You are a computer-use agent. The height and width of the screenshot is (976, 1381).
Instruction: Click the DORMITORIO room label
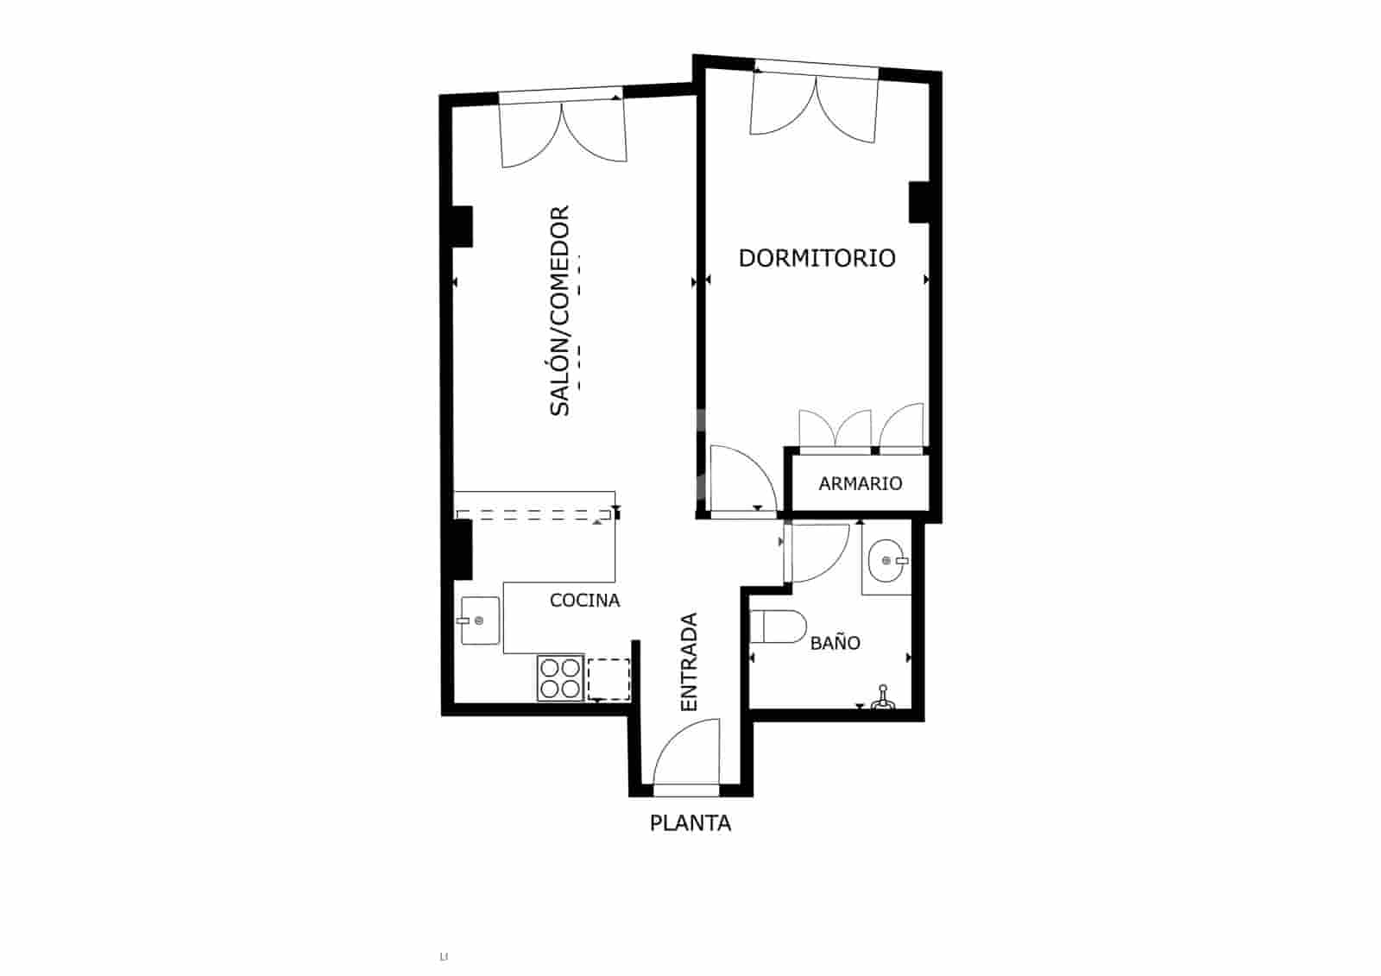point(817,258)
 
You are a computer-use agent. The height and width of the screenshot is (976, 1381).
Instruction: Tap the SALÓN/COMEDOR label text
point(560,311)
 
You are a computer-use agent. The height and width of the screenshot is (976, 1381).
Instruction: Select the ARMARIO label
point(860,484)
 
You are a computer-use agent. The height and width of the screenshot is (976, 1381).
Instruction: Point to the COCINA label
point(584,601)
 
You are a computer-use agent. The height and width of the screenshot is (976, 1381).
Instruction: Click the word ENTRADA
point(689,662)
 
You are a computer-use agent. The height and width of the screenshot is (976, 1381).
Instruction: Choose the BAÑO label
point(835,643)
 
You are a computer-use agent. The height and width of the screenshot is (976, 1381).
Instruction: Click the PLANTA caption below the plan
point(690,823)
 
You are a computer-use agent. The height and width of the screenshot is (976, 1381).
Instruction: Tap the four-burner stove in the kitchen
point(559,677)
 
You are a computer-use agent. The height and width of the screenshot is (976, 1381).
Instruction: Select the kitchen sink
point(480,620)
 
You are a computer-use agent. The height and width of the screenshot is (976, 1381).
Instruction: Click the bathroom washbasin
point(886,561)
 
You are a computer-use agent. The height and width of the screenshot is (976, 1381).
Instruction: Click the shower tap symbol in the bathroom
point(882,699)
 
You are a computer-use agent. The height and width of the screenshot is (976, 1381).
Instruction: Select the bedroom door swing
point(741,480)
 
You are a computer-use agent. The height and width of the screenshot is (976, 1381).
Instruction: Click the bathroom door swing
point(817,553)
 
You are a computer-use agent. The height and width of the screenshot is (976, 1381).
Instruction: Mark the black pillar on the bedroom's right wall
point(918,203)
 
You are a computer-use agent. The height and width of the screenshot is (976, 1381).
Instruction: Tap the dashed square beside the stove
point(609,679)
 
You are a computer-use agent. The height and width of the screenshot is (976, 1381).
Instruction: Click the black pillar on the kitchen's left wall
point(463,549)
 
